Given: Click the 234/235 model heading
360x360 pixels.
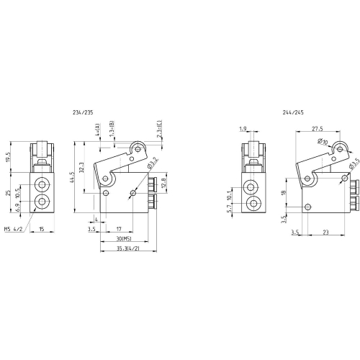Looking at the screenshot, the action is click(83, 112).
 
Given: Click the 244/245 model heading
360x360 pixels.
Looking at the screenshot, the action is click(293, 112).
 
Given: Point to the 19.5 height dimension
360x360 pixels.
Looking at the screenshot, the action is click(8, 157).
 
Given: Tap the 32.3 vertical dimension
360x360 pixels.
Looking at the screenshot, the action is click(81, 168).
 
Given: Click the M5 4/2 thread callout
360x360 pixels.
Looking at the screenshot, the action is click(13, 229).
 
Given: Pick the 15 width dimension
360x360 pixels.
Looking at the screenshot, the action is click(42, 229).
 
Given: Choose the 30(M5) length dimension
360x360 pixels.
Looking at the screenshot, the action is click(124, 239).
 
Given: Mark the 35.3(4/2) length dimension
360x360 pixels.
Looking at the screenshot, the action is click(128, 248).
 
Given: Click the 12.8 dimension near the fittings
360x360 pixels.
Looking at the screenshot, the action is click(164, 182).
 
